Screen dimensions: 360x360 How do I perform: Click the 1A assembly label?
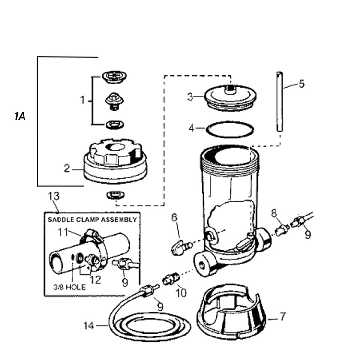(20, 117)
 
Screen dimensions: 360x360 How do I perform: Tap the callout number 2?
(67, 168)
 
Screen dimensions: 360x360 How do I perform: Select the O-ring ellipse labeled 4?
(230, 130)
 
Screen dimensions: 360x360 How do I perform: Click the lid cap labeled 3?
(230, 97)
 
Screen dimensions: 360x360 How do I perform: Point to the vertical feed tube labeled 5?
(279, 101)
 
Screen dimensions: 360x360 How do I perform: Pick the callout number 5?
(302, 84)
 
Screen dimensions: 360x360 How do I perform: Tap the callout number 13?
(54, 196)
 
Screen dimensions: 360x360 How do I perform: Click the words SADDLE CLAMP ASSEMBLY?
(92, 220)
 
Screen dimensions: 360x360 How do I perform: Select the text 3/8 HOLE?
(70, 287)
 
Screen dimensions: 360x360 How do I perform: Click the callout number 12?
(96, 280)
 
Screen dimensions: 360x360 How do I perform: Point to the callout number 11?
(63, 232)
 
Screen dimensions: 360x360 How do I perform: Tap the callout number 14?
(89, 325)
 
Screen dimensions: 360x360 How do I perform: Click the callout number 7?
(283, 317)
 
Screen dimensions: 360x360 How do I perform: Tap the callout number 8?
(274, 214)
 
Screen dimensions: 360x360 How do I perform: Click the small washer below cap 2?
(116, 195)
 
